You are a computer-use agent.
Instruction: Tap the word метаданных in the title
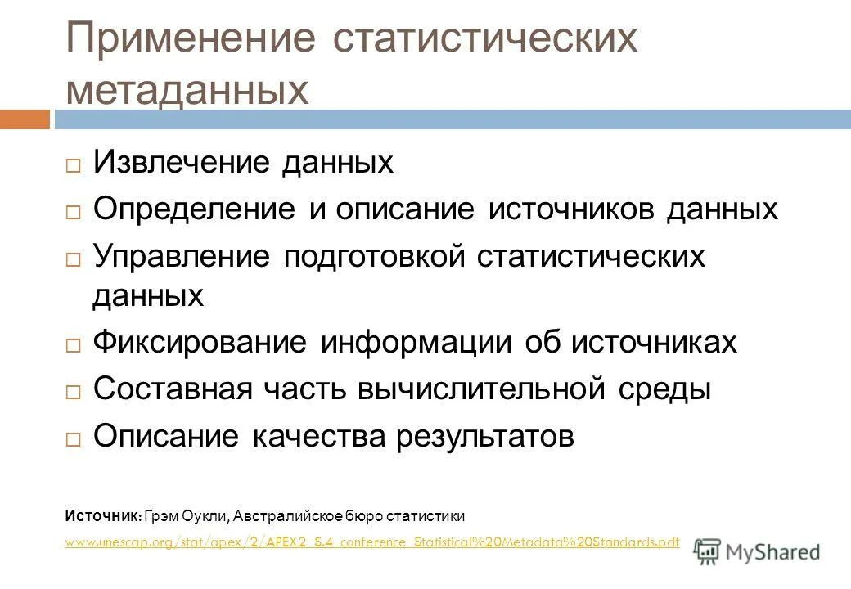tap(187, 91)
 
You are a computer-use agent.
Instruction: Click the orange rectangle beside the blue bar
tap(25, 119)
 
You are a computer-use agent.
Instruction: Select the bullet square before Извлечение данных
tap(74, 165)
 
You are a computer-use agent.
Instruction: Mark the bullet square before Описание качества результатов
tap(74, 439)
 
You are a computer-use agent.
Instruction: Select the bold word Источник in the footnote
tap(103, 516)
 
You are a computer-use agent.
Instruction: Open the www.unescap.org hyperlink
tap(372, 542)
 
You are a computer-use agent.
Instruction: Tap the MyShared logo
tap(756, 551)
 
